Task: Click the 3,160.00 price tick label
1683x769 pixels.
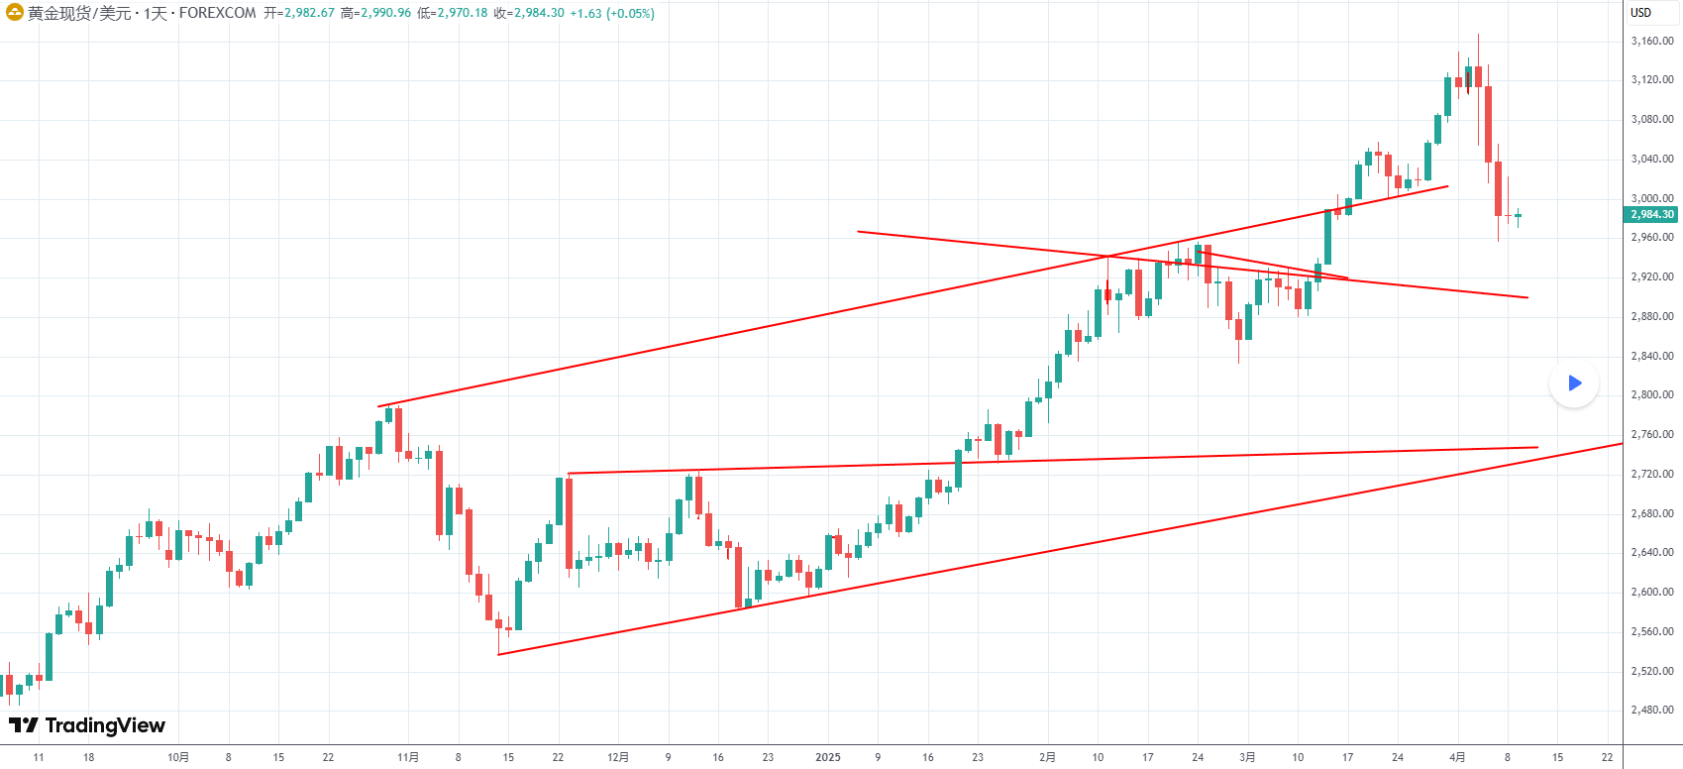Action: coord(1651,42)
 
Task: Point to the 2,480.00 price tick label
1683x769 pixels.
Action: coord(1651,710)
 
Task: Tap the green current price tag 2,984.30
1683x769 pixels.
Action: coord(1652,214)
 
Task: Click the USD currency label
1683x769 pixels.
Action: coord(1641,13)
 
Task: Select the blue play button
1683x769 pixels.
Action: coord(1574,384)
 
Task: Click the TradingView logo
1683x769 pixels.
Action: coord(87,725)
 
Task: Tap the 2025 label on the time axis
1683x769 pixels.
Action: coord(827,757)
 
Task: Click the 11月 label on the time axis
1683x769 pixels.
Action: coord(407,757)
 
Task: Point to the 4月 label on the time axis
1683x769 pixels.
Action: coord(1457,757)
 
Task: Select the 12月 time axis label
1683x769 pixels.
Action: coord(617,757)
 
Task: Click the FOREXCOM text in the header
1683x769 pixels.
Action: coord(217,13)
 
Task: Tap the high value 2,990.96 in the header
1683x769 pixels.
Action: coord(383,13)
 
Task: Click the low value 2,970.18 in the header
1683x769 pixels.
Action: coord(461,13)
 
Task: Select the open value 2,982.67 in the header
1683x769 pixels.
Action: coord(308,13)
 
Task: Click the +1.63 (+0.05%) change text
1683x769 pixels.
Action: coord(612,13)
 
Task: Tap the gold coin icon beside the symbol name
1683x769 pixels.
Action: coord(15,13)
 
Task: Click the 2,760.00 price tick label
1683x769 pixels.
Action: coord(1651,434)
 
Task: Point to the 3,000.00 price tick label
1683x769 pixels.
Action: coord(1651,198)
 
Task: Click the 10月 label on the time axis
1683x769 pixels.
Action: coord(178,757)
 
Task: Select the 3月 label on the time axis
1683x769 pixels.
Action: coord(1247,757)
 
